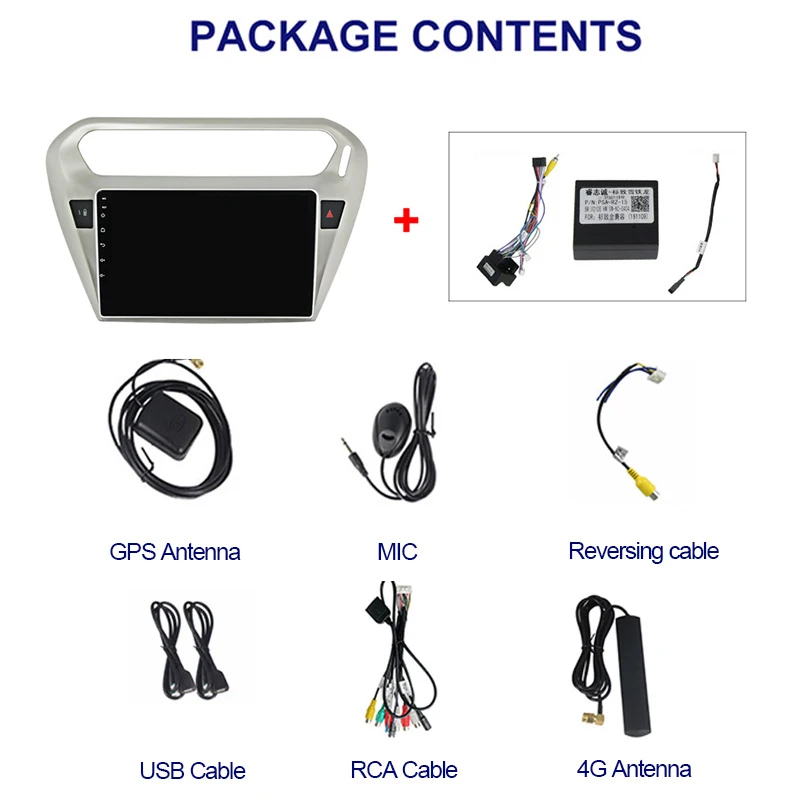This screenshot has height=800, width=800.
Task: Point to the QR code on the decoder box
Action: click(x=640, y=203)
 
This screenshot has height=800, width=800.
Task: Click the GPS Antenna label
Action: click(x=175, y=551)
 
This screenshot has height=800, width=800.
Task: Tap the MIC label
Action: click(x=397, y=551)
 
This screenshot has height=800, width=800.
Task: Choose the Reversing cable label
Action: click(x=643, y=550)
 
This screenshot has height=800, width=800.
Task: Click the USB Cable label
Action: click(x=192, y=770)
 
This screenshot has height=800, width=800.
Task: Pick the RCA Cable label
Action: click(x=404, y=770)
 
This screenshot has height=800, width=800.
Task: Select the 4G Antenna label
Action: click(x=634, y=769)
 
